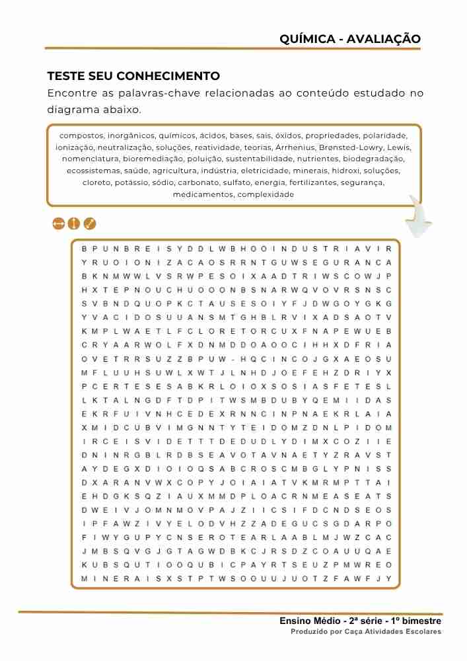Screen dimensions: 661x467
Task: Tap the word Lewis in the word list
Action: tap(399, 147)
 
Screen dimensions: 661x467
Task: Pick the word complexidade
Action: tap(266, 195)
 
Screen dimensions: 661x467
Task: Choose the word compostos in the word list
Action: tap(81, 136)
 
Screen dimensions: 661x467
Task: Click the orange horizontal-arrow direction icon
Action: tap(58, 224)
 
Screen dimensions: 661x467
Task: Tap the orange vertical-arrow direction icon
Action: tap(74, 224)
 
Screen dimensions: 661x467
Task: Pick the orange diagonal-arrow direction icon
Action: tap(90, 224)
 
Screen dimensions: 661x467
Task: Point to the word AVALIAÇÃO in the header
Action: tap(384, 39)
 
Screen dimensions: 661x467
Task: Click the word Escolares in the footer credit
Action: tap(421, 632)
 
